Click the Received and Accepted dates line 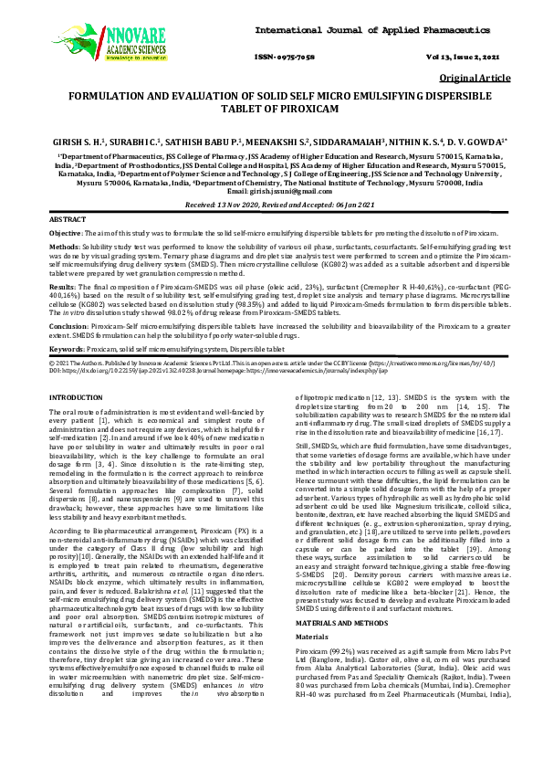point(272,205)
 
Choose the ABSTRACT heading point(68,221)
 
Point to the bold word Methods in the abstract point(63,247)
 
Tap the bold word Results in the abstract point(62,286)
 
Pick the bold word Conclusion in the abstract point(69,325)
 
